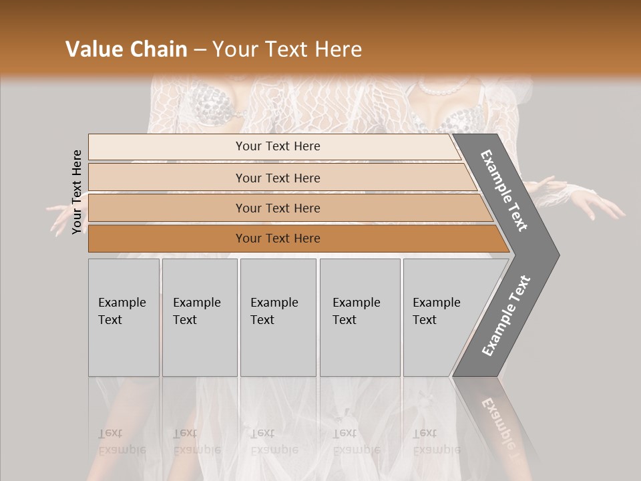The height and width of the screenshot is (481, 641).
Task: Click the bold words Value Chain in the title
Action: point(126,49)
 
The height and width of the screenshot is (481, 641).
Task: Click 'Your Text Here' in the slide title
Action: point(287,49)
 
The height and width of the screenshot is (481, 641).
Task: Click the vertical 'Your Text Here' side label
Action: point(77,192)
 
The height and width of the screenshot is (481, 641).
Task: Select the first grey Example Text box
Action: point(124,317)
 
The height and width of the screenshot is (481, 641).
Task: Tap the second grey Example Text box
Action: point(199,317)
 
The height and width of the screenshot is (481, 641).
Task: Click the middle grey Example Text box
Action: point(278,317)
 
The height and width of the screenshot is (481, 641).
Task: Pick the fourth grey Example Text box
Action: point(359,317)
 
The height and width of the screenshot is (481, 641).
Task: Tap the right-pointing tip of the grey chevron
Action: point(554,255)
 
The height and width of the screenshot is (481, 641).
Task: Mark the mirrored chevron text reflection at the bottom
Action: point(501,421)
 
